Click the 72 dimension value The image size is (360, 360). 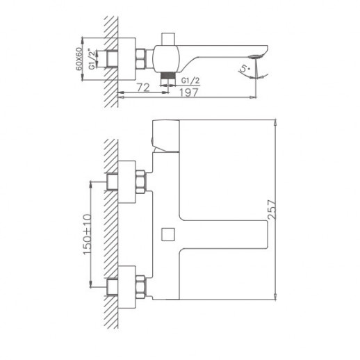143,88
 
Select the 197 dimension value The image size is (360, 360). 189,92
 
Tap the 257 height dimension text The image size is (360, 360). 272,209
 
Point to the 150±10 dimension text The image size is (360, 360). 88,234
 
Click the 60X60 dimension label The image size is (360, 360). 79,59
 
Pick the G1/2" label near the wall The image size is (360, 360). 92,59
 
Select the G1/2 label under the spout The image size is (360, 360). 190,81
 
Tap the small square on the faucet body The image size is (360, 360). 168,234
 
